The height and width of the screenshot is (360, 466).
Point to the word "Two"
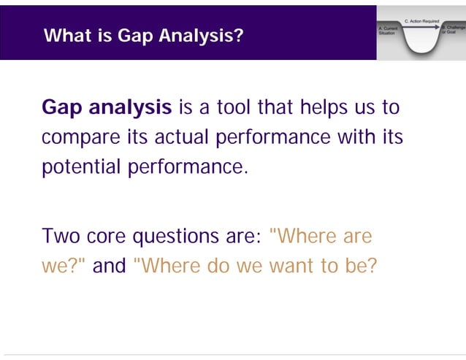click(60, 237)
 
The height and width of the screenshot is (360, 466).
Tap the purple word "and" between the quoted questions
click(110, 266)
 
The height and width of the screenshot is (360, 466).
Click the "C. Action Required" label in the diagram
click(421, 21)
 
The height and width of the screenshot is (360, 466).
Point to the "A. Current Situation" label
click(387, 31)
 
